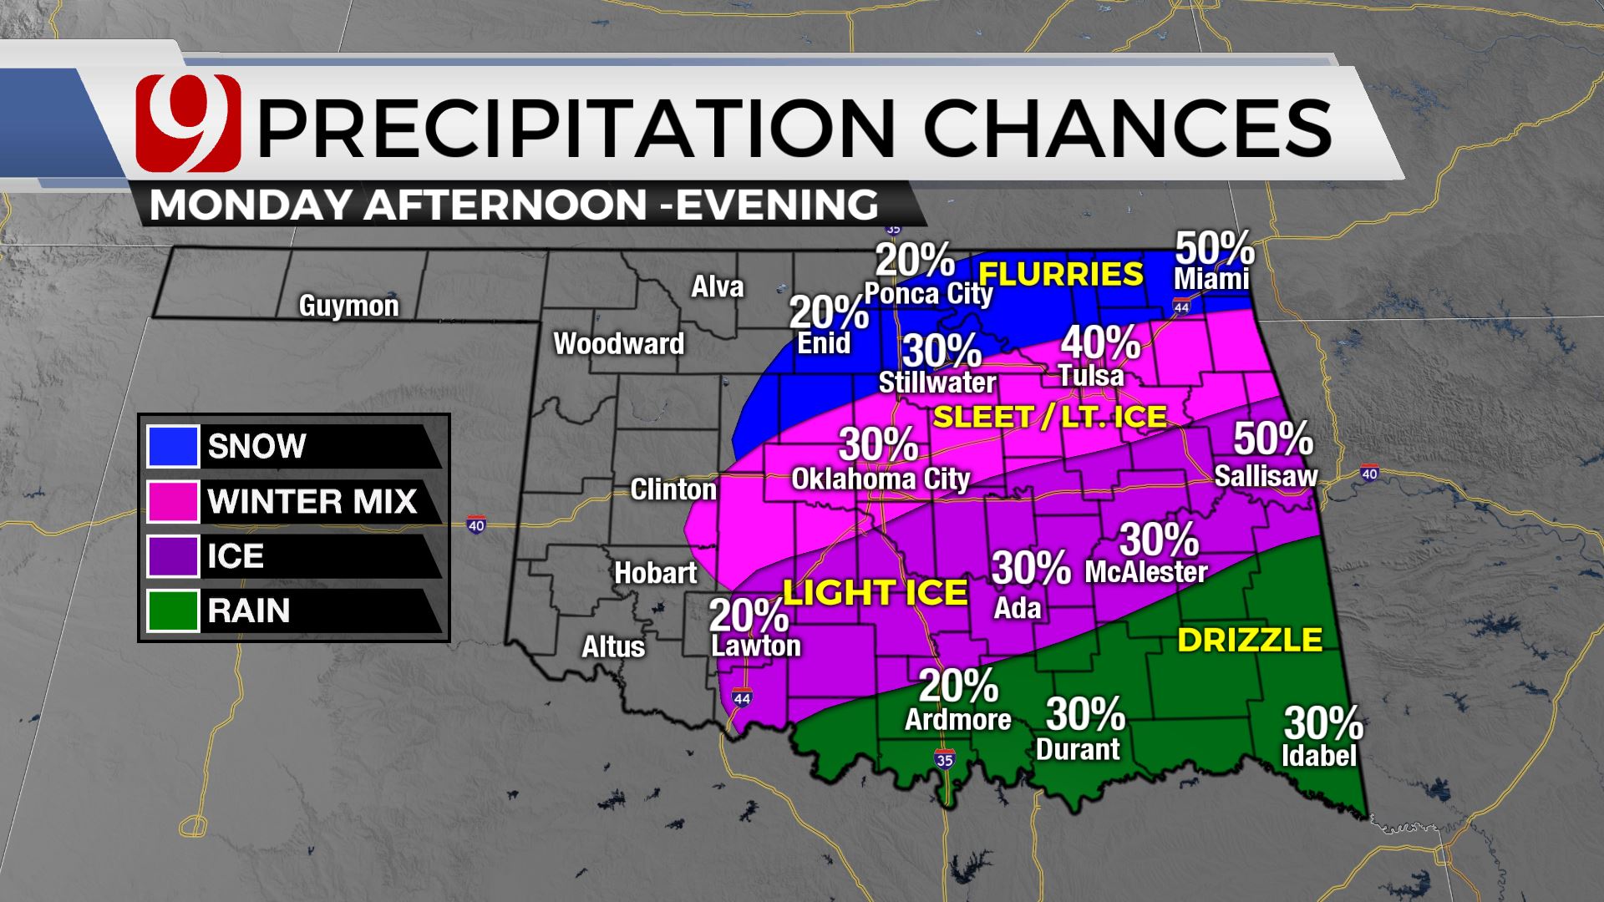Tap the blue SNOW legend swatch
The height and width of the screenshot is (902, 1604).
(173, 446)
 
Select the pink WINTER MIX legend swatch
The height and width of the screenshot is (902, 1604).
(173, 501)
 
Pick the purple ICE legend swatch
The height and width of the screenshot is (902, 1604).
(173, 556)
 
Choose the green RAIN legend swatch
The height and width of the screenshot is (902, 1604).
(173, 611)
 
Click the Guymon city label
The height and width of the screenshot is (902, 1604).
(349, 306)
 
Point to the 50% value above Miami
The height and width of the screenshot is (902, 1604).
(1215, 248)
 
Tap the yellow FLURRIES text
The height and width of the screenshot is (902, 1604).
(1060, 274)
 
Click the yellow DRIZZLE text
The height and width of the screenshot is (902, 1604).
(1249, 640)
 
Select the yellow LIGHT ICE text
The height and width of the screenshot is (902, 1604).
(875, 592)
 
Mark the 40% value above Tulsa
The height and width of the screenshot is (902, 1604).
(1100, 343)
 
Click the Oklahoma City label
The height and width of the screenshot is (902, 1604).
(881, 479)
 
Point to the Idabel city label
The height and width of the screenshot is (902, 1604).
(1319, 756)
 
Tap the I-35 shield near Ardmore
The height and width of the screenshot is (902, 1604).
(945, 758)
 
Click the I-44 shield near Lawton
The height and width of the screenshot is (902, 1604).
(741, 697)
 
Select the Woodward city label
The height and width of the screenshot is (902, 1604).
(618, 343)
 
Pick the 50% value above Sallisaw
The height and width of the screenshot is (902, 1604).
(1272, 438)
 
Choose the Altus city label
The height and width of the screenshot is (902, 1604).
(613, 646)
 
